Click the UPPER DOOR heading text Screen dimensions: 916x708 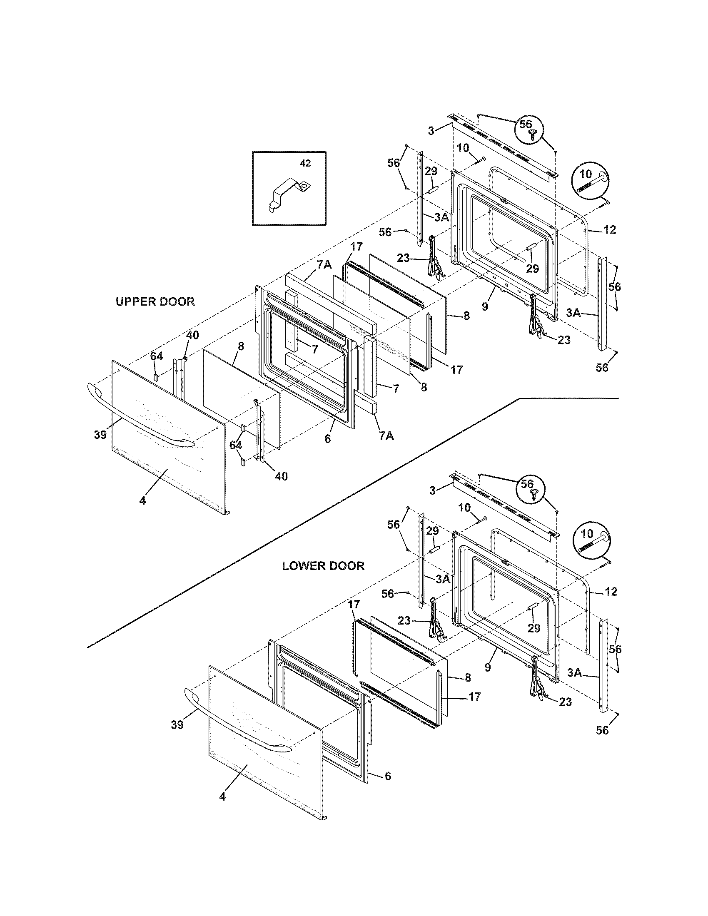pos(155,301)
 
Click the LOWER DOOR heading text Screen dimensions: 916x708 pos(323,566)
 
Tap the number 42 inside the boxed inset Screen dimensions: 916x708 pos(305,164)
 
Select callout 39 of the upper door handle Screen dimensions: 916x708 pos(100,435)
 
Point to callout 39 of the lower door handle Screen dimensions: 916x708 pos(177,725)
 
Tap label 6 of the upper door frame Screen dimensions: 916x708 pos(328,439)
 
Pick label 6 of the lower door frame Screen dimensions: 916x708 pos(388,777)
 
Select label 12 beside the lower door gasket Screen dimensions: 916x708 pos(611,591)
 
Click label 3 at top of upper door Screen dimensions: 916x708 pos(431,130)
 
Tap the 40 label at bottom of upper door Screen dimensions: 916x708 pos(282,476)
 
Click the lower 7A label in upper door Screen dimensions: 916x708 pos(386,436)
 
